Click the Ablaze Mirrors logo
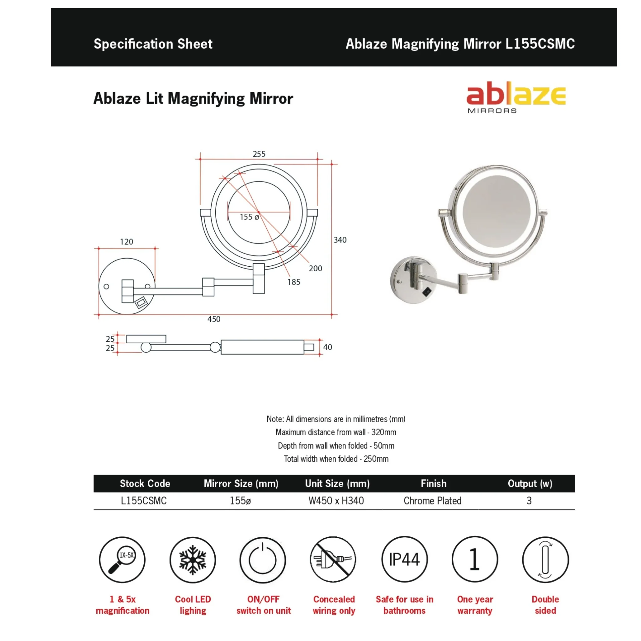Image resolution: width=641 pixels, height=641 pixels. point(515,97)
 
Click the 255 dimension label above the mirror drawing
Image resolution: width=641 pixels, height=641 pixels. point(259,154)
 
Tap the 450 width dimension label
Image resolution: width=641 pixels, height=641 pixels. point(214,319)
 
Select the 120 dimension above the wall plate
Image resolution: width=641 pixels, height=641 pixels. point(126,242)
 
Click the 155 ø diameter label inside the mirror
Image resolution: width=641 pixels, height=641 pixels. point(249,217)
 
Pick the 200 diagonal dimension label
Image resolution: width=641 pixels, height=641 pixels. point(315,269)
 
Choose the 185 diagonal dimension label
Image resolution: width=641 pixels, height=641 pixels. point(294,282)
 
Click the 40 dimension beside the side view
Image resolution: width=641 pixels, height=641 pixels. point(327,347)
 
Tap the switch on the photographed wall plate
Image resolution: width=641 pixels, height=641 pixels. point(427,292)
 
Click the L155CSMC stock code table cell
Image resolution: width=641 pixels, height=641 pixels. point(144,501)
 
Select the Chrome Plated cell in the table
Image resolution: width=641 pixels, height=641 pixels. point(432,501)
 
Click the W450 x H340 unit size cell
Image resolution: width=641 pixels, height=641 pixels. point(336,501)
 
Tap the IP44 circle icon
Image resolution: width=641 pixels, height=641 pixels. point(404,560)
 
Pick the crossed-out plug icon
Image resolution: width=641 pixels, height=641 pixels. point(333,560)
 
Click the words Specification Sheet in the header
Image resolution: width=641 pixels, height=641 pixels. point(153,44)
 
